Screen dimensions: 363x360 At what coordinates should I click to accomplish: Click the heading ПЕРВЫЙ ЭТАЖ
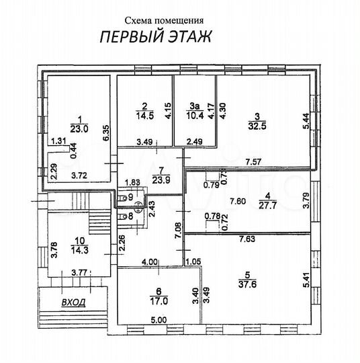pyautogui.click(x=155, y=37)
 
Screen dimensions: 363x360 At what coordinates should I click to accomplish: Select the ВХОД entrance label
pyautogui.click(x=73, y=302)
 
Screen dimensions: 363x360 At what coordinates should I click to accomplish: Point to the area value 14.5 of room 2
pyautogui.click(x=144, y=115)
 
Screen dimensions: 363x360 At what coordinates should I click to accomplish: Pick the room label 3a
pyautogui.click(x=195, y=106)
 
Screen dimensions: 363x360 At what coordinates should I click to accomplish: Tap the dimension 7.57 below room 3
pyautogui.click(x=254, y=162)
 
